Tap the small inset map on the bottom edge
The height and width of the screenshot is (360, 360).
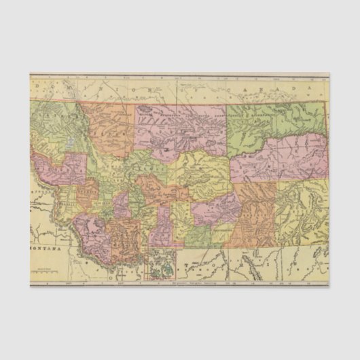pos(162,266)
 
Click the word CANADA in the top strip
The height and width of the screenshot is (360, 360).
pos(272,88)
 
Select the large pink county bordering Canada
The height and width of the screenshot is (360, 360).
pos(180,126)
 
